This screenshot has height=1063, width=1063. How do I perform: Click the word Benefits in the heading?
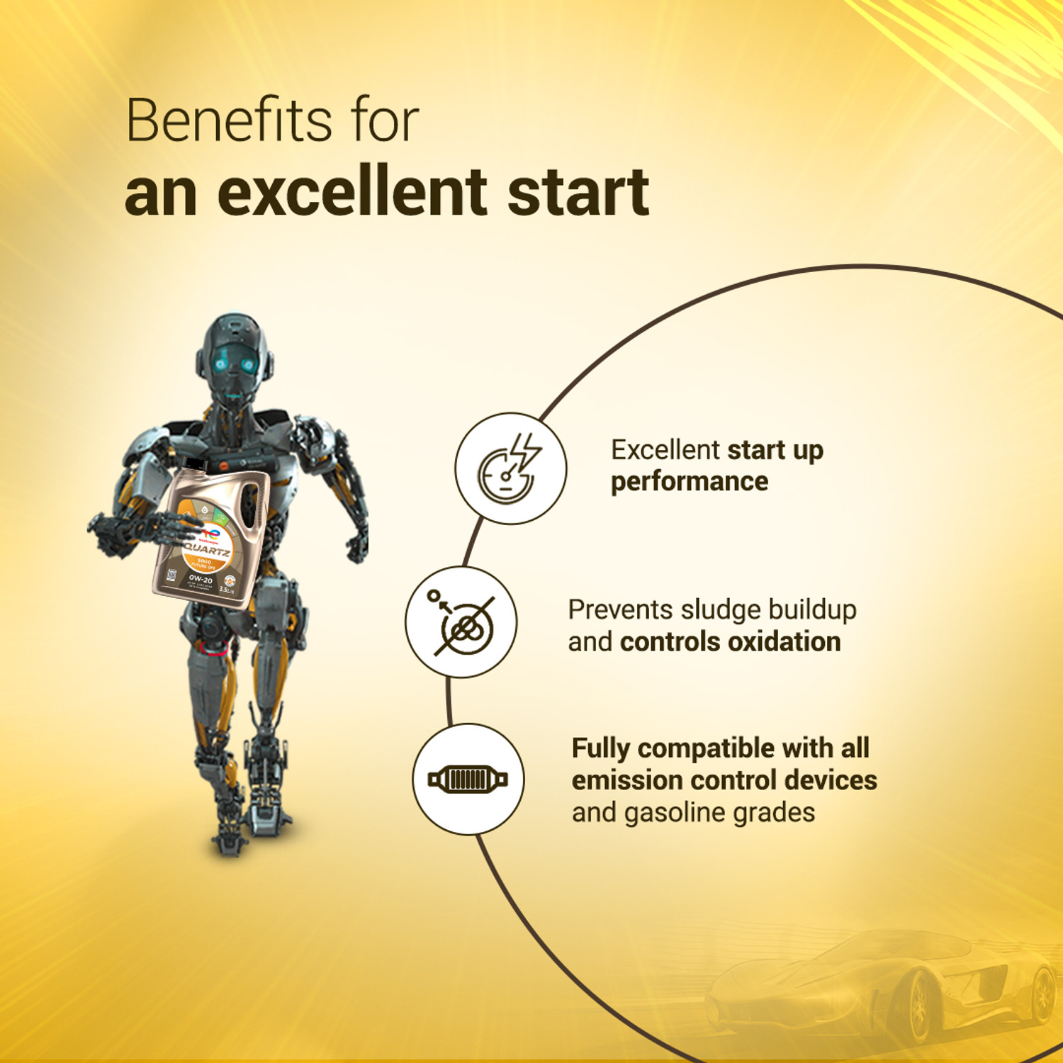click(x=228, y=120)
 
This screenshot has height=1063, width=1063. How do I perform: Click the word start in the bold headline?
click(x=578, y=193)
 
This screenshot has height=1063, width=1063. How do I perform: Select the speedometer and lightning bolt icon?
click(x=510, y=468)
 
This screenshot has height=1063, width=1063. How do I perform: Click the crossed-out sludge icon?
click(x=461, y=622)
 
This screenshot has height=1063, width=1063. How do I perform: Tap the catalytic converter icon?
click(x=468, y=780)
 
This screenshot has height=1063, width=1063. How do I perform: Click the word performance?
click(x=690, y=483)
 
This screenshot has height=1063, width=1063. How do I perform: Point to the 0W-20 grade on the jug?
click(x=201, y=580)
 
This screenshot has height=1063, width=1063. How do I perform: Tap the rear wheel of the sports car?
click(x=1042, y=992)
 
